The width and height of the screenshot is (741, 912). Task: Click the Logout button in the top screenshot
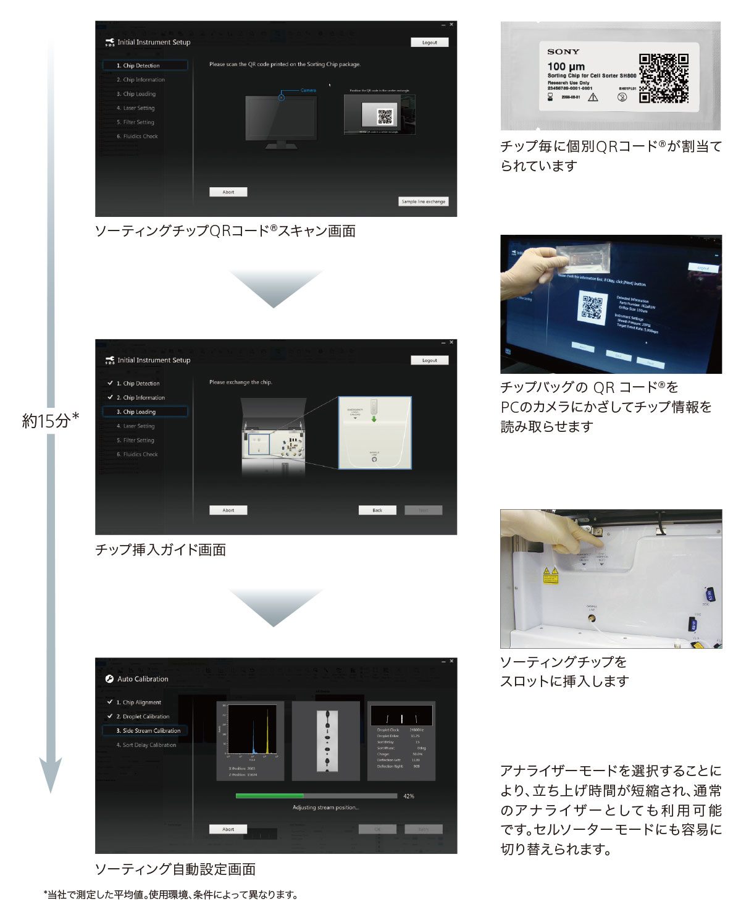[429, 43]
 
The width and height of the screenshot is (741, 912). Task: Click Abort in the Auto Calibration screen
[228, 829]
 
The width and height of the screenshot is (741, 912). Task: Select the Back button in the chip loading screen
[377, 510]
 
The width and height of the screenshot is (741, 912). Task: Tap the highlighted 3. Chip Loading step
[144, 412]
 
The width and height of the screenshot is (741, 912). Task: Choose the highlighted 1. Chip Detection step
[144, 65]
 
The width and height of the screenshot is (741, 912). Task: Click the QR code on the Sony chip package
[663, 78]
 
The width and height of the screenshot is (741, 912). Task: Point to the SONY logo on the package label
[563, 52]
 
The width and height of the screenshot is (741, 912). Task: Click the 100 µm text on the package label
[566, 66]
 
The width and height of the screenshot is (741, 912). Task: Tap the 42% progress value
[408, 796]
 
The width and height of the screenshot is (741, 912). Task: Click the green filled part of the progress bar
[269, 796]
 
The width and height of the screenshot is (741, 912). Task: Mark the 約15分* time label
[51, 421]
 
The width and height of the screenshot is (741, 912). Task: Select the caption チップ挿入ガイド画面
[161, 549]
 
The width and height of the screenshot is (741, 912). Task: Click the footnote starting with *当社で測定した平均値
[170, 895]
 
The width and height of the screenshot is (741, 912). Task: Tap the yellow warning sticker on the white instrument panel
[549, 575]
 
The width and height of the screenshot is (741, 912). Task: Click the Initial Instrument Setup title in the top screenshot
[153, 43]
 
